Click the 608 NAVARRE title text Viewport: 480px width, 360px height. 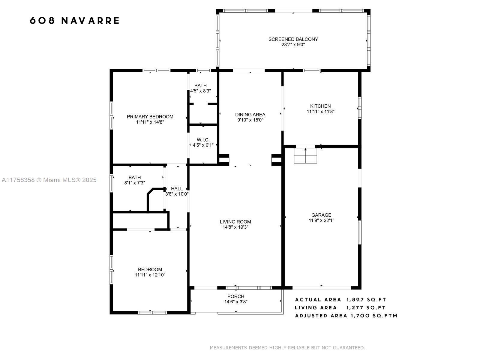(x=75, y=20)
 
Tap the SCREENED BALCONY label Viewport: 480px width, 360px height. (x=293, y=39)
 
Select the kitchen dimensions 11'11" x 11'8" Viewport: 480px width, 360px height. (x=320, y=112)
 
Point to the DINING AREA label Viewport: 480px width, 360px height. (x=250, y=115)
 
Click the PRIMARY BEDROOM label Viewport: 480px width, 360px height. (x=150, y=117)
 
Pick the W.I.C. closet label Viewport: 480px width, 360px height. (x=203, y=140)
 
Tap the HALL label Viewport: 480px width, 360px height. (x=177, y=189)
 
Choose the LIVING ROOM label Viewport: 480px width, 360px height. (x=235, y=222)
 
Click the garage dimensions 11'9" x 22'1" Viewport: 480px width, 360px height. (x=321, y=220)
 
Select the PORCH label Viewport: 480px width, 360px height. (x=235, y=296)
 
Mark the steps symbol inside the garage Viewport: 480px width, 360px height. (x=305, y=156)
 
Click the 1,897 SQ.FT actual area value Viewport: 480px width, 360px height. (x=366, y=300)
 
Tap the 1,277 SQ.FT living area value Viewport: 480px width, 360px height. (x=366, y=308)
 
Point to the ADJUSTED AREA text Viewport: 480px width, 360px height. (x=321, y=316)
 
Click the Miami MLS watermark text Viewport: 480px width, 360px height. (x=49, y=180)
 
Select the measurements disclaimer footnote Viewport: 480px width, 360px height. (x=287, y=348)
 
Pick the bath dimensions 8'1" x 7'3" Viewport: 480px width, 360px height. (x=134, y=183)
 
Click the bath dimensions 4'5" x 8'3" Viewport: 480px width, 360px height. (x=200, y=91)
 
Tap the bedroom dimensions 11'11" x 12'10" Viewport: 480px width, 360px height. (x=150, y=275)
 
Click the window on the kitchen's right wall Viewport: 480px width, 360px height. (x=360, y=108)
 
